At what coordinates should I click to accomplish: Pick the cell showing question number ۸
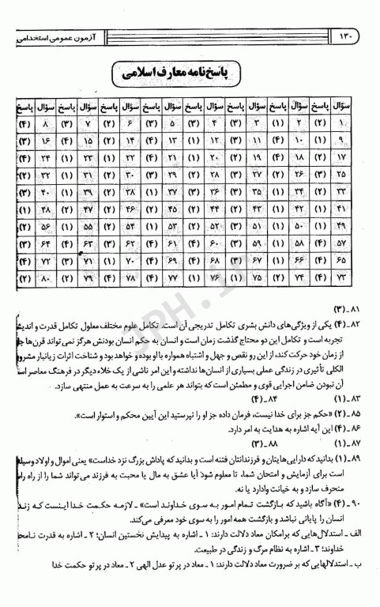pyautogui.click(x=47, y=124)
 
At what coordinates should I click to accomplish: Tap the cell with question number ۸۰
pyautogui.click(x=47, y=279)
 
